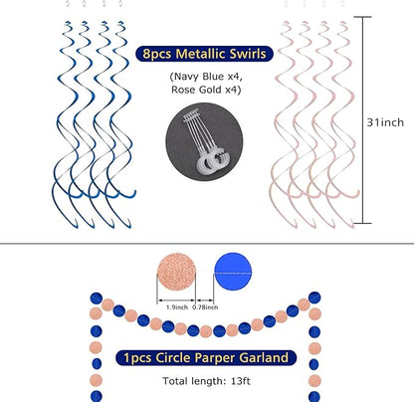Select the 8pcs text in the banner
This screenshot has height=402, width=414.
(157, 54)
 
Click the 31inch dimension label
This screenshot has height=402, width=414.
(385, 122)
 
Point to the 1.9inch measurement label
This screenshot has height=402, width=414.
(177, 307)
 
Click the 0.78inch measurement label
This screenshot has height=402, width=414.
(205, 307)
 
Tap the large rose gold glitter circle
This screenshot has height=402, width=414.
(176, 272)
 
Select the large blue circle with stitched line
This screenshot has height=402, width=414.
(233, 272)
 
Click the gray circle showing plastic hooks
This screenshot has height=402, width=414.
(204, 142)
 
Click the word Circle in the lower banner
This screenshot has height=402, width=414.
(173, 358)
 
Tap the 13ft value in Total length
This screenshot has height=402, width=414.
(241, 381)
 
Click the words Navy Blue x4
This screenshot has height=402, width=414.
(206, 77)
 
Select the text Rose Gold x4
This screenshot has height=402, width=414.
(206, 90)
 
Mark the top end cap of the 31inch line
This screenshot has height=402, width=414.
(362, 17)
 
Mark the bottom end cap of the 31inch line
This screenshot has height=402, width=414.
(362, 223)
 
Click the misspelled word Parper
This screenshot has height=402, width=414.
(215, 358)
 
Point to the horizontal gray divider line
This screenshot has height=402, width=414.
(207, 244)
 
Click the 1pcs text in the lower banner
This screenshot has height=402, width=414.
(137, 358)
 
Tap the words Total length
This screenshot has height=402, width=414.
(194, 381)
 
